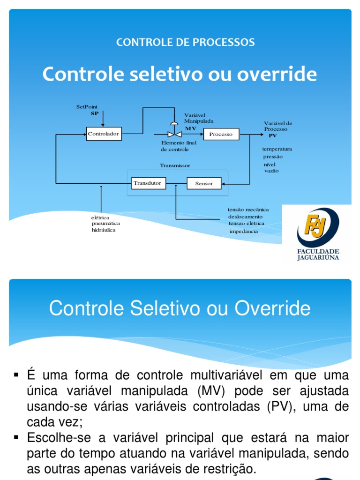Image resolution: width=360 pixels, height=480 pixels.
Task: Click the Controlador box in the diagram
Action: (x=104, y=134)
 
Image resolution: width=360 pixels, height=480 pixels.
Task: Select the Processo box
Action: (x=221, y=134)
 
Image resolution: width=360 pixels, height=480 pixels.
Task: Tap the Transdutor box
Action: (x=149, y=183)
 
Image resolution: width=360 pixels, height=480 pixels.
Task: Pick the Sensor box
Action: (x=204, y=183)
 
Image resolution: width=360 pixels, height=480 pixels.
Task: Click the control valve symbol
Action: (x=174, y=131)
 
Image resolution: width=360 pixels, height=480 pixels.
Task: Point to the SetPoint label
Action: (x=87, y=107)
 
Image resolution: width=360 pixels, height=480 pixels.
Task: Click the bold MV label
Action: (x=190, y=128)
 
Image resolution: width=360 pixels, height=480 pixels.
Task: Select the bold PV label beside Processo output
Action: (x=272, y=135)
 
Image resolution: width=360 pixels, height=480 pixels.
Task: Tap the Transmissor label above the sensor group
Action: (x=175, y=165)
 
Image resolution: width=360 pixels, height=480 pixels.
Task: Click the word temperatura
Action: (x=277, y=149)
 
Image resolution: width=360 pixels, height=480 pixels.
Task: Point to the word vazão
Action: (x=271, y=171)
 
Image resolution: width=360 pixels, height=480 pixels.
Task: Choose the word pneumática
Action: (x=106, y=224)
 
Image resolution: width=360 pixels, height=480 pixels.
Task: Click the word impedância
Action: (x=244, y=232)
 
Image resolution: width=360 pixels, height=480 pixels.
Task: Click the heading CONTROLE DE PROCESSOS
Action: (x=185, y=42)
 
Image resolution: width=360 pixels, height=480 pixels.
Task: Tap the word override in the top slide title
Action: (x=277, y=74)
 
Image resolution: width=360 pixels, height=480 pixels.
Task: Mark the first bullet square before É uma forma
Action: (x=16, y=375)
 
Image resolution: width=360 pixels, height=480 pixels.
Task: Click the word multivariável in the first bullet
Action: (x=226, y=375)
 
